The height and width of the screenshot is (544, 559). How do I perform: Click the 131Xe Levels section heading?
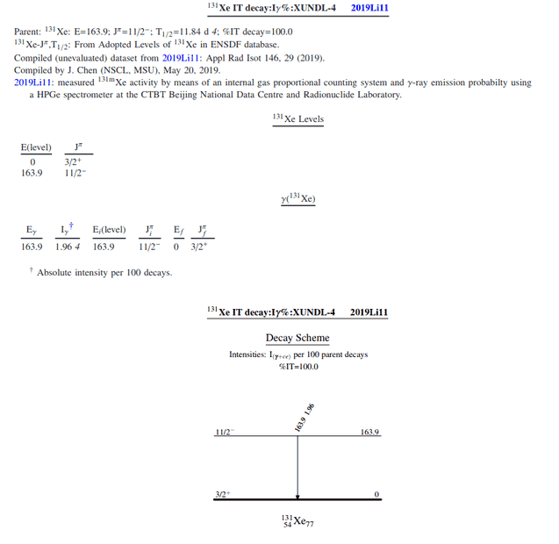(297, 118)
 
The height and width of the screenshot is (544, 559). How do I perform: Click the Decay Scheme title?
(297, 338)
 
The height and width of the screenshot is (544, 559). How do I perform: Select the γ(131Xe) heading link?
(297, 199)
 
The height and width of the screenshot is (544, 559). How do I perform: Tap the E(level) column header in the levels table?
(36, 147)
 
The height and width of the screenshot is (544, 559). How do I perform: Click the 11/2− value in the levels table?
(75, 173)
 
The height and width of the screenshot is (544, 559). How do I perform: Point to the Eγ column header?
(31, 231)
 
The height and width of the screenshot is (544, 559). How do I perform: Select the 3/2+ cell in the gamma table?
(199, 247)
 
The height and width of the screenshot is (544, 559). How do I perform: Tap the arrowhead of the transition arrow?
(298, 495)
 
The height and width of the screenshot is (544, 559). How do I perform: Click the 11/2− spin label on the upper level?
(224, 433)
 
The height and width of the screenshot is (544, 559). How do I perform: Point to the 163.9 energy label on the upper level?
(369, 433)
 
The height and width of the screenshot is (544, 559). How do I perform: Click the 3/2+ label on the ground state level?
(223, 495)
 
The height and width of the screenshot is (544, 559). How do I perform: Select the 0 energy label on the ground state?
(376, 495)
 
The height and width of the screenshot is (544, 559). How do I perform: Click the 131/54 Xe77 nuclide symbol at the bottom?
(297, 521)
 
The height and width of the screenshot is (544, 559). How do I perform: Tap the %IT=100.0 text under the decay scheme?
(297, 367)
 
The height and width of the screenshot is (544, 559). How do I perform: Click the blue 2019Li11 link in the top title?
(369, 7)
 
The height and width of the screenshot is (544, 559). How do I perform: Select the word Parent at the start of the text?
(27, 32)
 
